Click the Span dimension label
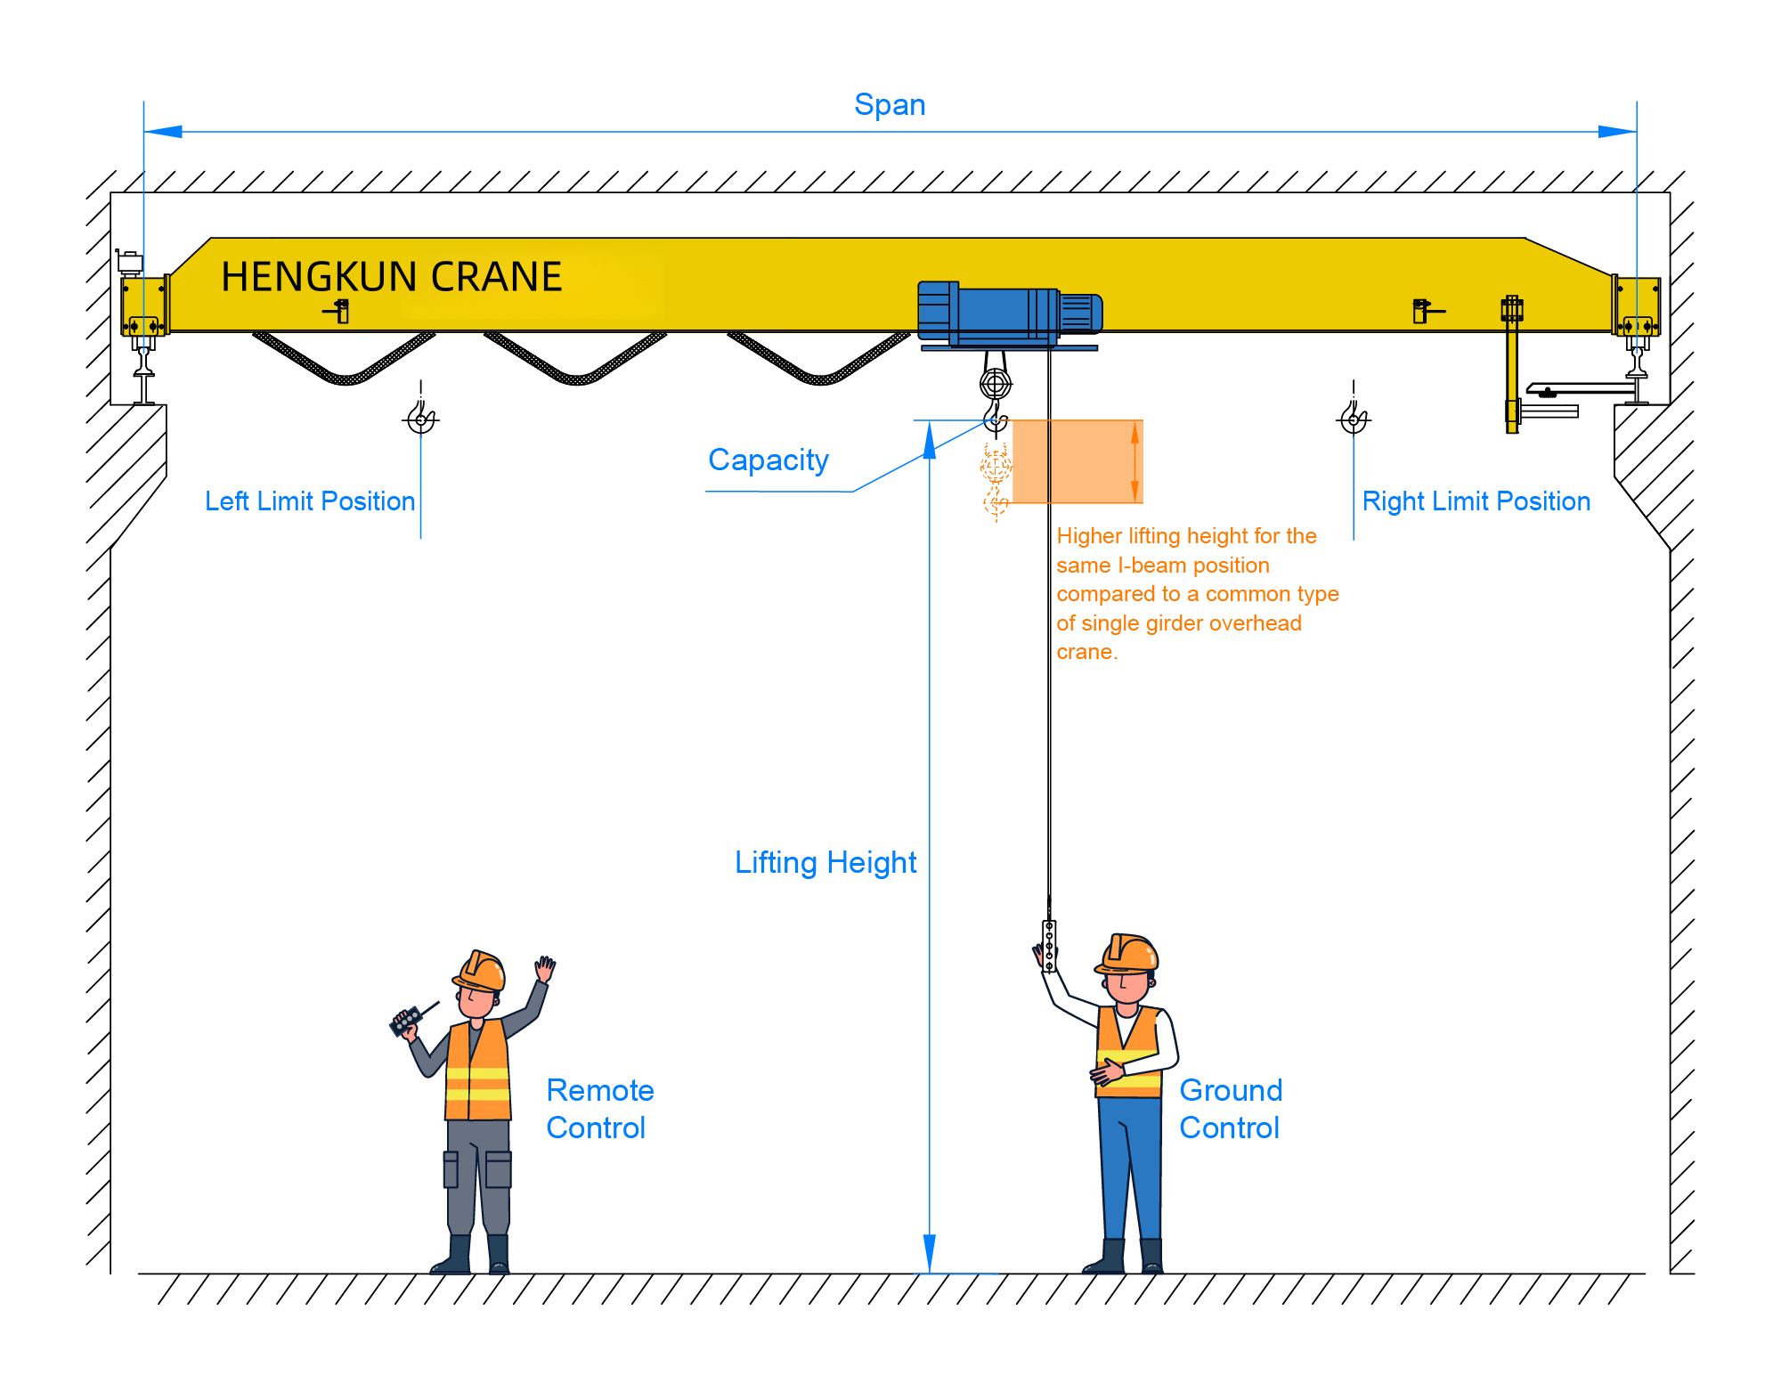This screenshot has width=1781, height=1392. pos(890,105)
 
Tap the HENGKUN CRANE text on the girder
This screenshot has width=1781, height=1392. pos(391,277)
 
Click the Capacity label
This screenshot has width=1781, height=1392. pos(768,460)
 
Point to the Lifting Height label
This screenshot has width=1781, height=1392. pos(825,863)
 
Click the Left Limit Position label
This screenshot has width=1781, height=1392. pos(309,501)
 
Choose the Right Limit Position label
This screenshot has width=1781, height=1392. pos(1476,501)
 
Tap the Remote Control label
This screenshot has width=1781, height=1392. pos(599,1109)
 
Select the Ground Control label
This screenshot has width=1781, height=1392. pos(1230,1109)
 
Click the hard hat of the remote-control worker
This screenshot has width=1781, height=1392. pos(481,970)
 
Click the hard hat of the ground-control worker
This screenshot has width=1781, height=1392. pos(1130,953)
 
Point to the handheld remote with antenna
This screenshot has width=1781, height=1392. pos(407,1021)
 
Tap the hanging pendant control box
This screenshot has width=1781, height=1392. pos(1049,946)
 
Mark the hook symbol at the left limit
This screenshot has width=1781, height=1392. pos(421,418)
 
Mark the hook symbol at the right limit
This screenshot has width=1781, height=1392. pos(1354,418)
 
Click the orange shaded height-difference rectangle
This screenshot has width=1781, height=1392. pos(1077,461)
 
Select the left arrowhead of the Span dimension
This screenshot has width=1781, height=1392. pos(164,132)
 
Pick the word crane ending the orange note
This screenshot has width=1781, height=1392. pos(1086,652)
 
